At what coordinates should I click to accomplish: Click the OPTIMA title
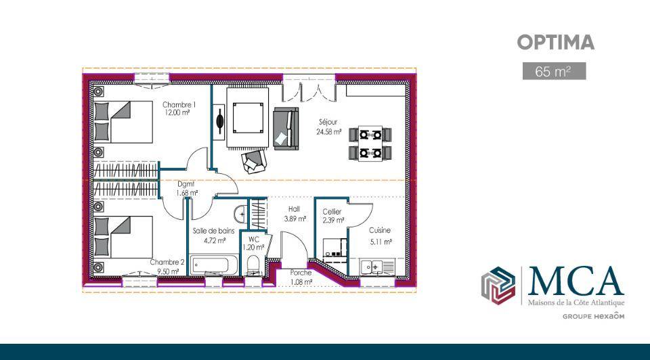(555, 42)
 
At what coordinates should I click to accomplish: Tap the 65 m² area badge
(554, 71)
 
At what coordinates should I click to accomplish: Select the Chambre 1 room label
(179, 108)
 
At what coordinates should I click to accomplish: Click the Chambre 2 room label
(167, 267)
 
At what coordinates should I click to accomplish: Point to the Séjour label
(328, 127)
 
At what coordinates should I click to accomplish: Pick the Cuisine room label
(380, 235)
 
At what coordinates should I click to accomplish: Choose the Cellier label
(333, 216)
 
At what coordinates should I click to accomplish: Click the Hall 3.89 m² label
(295, 214)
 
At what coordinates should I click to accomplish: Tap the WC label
(253, 243)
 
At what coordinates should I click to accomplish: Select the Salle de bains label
(214, 235)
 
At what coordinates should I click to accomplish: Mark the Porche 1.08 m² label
(301, 277)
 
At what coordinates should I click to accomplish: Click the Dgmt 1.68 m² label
(187, 188)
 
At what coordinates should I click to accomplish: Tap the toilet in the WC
(253, 265)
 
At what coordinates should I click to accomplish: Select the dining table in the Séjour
(370, 143)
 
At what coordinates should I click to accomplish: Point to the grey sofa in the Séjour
(286, 129)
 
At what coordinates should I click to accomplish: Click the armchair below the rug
(253, 161)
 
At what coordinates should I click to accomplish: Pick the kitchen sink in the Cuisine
(372, 267)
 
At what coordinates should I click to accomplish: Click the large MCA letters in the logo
(575, 282)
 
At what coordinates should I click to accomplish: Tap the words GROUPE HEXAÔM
(593, 316)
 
